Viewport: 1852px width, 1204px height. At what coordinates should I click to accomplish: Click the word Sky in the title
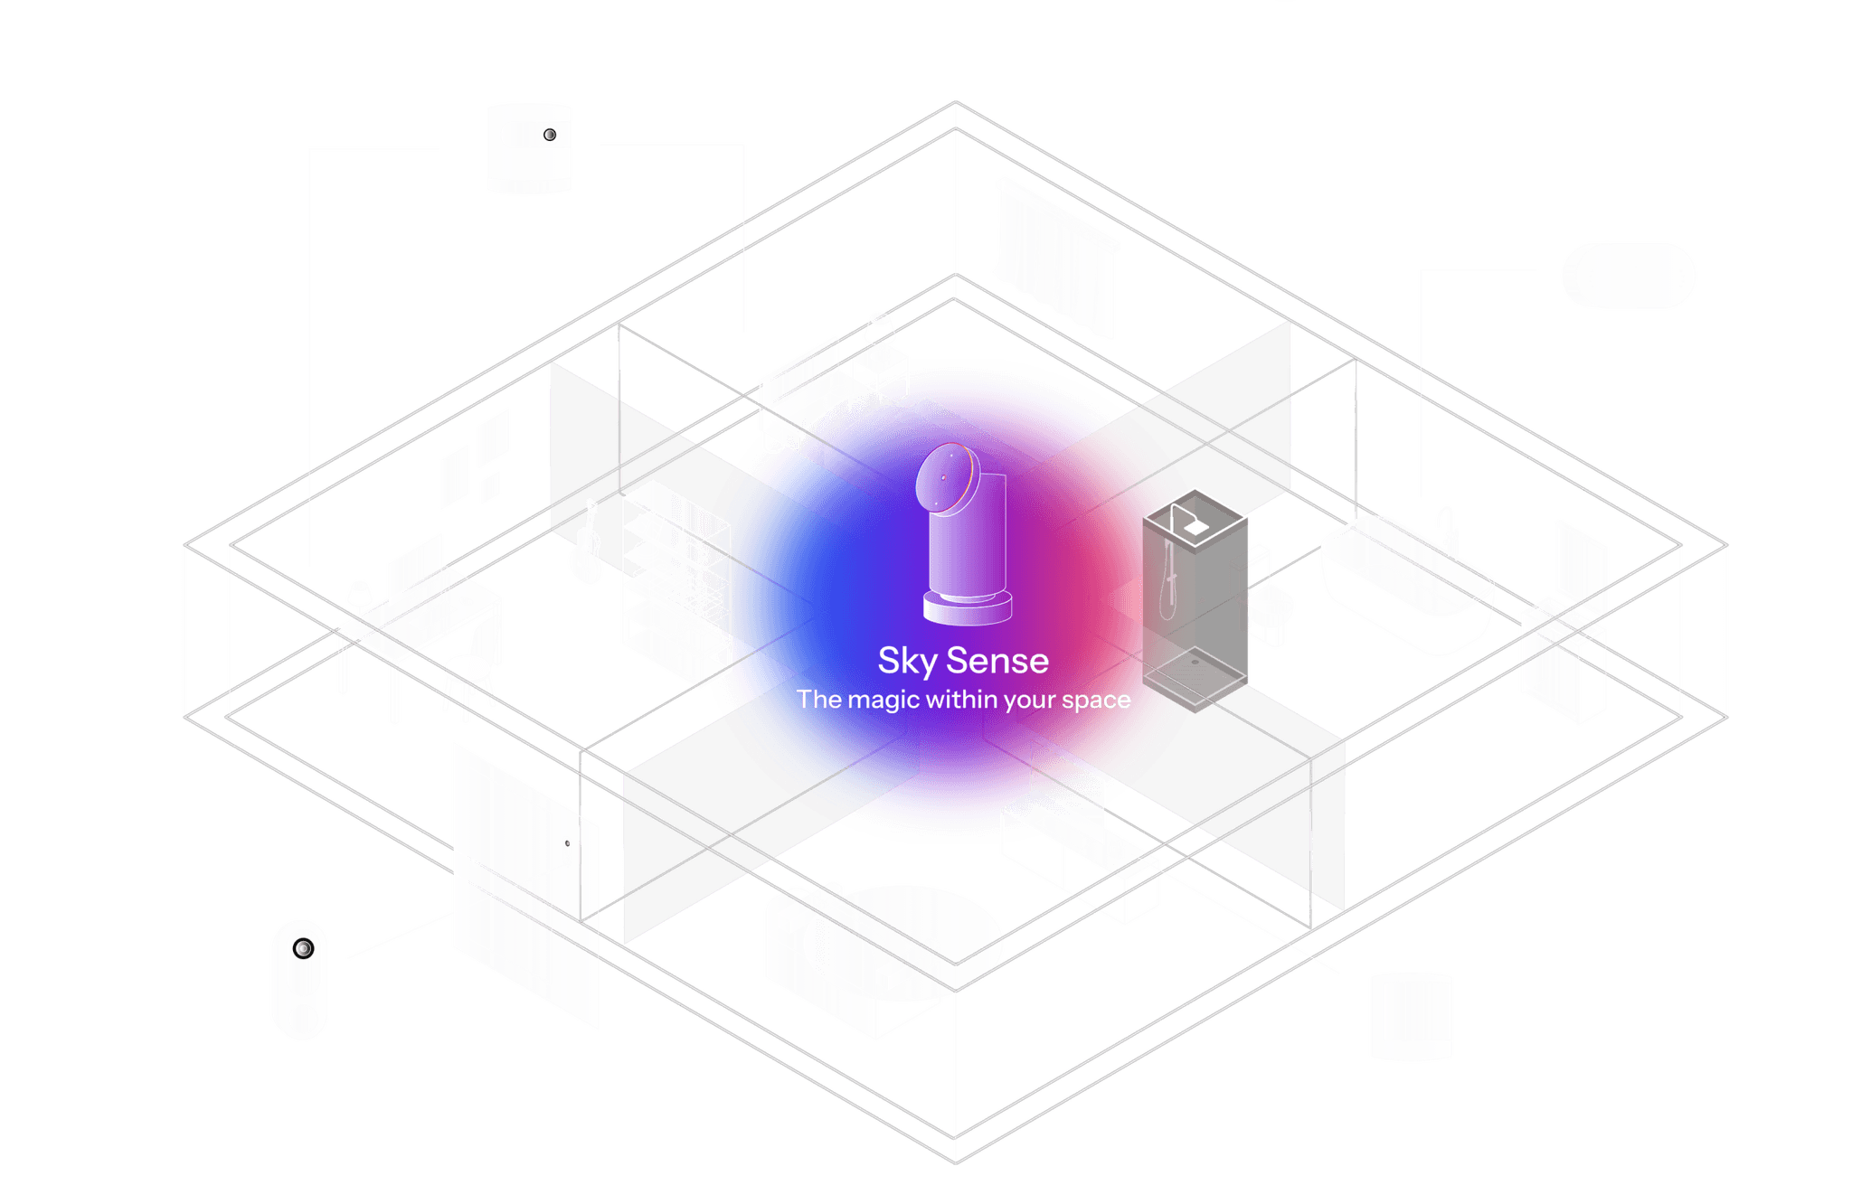907,662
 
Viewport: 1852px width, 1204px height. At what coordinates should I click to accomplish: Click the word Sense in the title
997,662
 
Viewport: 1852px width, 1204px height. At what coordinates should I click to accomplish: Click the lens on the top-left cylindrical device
550,136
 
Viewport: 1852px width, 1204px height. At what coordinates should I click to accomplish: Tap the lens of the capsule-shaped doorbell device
303,948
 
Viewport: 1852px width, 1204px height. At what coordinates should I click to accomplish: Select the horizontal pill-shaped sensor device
1628,276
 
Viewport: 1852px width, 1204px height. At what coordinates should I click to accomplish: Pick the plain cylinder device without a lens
1410,1016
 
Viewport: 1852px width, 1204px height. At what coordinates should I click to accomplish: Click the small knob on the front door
567,843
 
